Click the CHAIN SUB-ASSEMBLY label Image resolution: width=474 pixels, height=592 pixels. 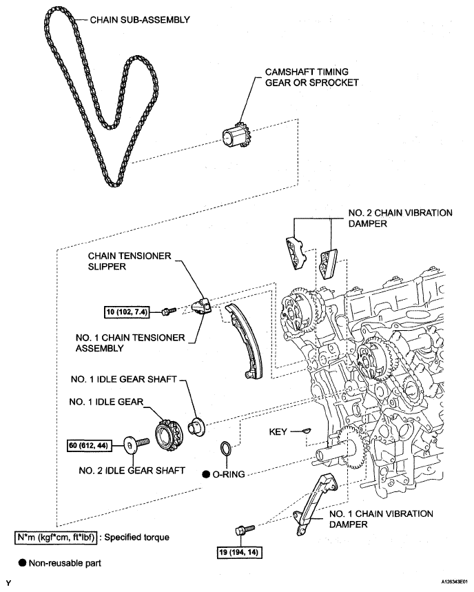(140, 19)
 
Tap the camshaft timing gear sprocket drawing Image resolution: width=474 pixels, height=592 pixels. (236, 137)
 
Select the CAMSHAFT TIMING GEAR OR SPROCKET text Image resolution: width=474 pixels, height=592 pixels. (311, 77)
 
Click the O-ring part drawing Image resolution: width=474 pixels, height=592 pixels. (226, 448)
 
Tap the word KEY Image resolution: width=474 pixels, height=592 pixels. (278, 431)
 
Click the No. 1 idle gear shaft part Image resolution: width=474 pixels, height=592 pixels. (196, 428)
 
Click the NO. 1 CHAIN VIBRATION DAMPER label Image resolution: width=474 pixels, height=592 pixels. (381, 519)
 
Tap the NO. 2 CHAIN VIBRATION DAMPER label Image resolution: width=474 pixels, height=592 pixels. (400, 218)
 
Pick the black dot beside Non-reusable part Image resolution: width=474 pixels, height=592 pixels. (23, 563)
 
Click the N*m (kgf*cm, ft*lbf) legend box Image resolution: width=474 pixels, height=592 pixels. (56, 538)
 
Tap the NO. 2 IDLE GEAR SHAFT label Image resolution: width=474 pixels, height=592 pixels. (132, 471)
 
